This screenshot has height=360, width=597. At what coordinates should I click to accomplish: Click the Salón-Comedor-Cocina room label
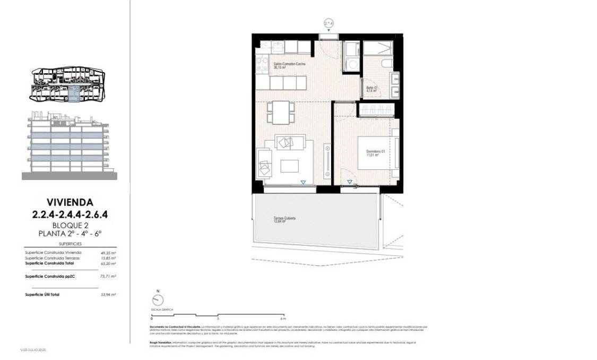click(289, 65)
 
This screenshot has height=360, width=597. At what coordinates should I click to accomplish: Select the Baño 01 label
click(371, 89)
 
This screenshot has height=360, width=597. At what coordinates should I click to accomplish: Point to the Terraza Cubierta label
click(284, 220)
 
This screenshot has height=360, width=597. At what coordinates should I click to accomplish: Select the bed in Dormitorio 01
click(377, 153)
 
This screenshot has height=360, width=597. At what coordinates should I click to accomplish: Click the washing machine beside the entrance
click(350, 64)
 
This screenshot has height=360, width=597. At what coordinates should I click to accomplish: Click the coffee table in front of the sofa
click(290, 166)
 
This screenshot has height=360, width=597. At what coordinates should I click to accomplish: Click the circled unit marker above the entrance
click(329, 23)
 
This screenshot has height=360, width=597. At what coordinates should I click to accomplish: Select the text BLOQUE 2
click(70, 225)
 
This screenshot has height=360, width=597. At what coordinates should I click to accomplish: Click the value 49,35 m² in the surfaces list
click(108, 253)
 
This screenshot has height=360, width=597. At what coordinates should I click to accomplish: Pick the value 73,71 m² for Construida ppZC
click(108, 277)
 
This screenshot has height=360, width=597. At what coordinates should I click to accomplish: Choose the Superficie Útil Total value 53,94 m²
click(108, 294)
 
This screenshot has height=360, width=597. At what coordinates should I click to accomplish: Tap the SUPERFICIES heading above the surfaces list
click(70, 243)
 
